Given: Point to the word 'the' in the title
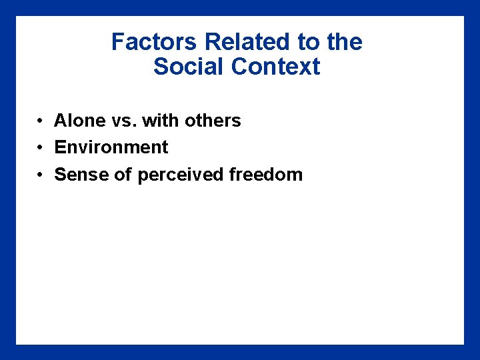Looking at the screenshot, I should point(345,42).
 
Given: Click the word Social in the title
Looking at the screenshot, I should point(189,67).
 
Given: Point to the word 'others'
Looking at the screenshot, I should point(213,121).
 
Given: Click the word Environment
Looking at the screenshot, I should point(111,147).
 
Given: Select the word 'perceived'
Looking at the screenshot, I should point(181,175).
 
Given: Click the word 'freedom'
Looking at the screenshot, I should point(265,175).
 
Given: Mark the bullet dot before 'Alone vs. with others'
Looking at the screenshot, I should point(41,121).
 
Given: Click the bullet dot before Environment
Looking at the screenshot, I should point(41,148).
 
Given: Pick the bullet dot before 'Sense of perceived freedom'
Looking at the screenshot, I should point(41,175).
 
